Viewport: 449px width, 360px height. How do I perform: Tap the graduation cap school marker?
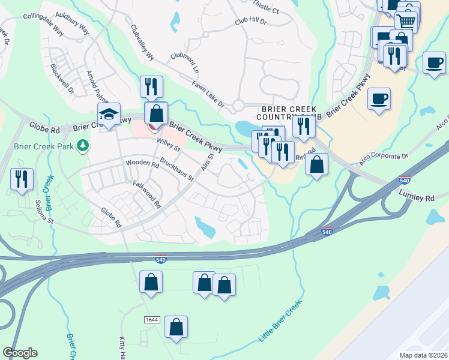(x=109, y=115)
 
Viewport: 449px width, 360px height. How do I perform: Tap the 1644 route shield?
(x=152, y=320)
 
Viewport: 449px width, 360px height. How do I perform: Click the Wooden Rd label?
(x=142, y=164)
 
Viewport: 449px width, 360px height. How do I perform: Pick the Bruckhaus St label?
(x=176, y=169)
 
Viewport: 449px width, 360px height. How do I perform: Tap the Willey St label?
(x=168, y=144)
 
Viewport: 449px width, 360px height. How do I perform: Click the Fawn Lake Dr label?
(x=208, y=95)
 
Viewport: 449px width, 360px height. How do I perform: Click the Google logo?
(x=20, y=353)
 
